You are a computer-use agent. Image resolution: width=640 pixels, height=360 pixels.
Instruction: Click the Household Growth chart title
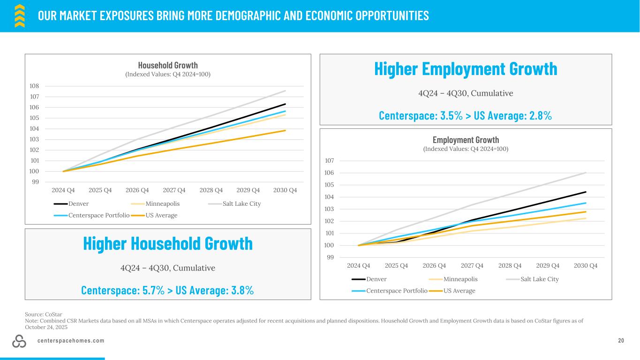[x=168, y=65]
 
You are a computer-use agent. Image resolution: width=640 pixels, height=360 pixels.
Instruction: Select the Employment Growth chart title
[x=466, y=140]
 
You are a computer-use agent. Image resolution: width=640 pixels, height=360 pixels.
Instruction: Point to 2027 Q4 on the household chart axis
[x=174, y=190]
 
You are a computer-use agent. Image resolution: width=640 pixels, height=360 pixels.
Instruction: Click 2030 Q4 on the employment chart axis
[x=586, y=265]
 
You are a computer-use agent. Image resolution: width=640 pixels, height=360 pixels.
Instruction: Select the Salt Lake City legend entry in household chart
[x=241, y=204]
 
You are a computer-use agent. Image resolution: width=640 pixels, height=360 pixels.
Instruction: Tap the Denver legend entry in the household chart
[x=78, y=204]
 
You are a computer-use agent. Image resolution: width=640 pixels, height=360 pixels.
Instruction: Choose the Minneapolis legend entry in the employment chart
[x=460, y=279]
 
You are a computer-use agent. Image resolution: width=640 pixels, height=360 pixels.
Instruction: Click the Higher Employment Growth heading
[x=466, y=69]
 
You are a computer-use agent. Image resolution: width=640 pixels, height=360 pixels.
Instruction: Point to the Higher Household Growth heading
[x=168, y=243]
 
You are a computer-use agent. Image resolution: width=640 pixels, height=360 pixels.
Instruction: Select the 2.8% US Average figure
[x=538, y=115]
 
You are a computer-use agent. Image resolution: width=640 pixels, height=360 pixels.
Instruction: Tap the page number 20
[x=621, y=341]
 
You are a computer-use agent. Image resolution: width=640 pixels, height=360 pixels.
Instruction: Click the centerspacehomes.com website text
[x=71, y=341]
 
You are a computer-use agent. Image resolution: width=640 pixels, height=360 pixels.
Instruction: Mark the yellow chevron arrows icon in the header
[x=19, y=16]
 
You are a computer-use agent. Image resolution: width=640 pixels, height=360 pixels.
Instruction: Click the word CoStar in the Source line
[x=54, y=314]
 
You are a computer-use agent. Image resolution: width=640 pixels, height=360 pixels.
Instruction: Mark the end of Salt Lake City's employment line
[x=586, y=172]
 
